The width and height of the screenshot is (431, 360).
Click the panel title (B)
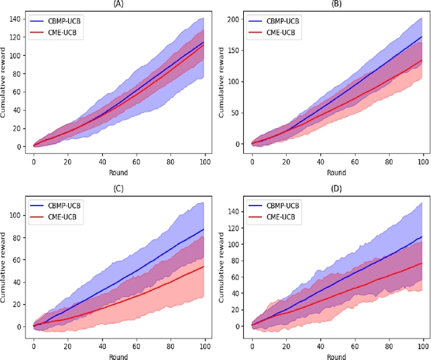click(337, 3)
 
